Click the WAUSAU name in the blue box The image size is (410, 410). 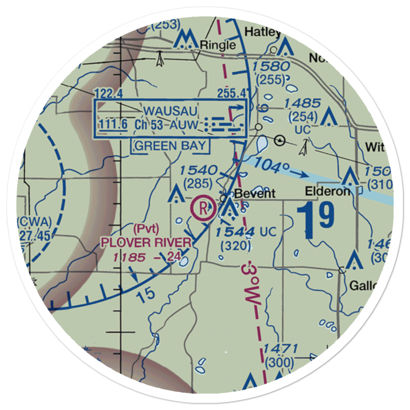point(171,111)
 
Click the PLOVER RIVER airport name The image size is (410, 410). point(146,243)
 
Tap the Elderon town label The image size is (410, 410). point(328,191)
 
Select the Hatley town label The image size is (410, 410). point(262,32)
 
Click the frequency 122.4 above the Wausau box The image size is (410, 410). point(108,94)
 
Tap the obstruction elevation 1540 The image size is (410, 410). point(198,170)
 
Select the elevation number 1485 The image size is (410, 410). point(303,103)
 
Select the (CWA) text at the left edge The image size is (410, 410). point(34,223)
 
